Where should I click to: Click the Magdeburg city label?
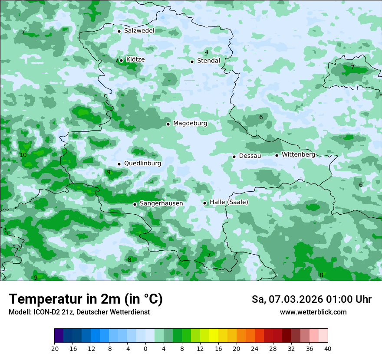click(190, 124)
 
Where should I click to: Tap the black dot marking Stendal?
click(192, 61)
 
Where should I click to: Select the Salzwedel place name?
click(139, 31)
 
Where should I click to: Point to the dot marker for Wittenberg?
click(277, 155)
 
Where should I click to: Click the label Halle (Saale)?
click(229, 202)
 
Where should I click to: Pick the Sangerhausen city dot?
click(135, 204)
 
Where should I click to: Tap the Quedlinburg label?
click(142, 164)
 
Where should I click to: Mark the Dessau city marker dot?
click(234, 156)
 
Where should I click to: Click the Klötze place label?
click(135, 59)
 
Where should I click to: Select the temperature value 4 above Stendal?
click(207, 52)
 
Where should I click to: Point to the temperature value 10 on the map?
click(23, 155)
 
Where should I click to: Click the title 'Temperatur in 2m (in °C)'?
click(86, 299)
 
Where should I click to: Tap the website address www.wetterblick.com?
click(313, 312)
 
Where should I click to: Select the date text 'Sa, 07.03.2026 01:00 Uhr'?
click(311, 299)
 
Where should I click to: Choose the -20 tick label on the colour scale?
click(54, 348)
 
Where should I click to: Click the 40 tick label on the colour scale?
click(327, 348)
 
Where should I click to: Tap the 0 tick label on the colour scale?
click(145, 348)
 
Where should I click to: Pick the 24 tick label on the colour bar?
click(254, 348)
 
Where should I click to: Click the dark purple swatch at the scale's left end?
click(59, 336)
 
